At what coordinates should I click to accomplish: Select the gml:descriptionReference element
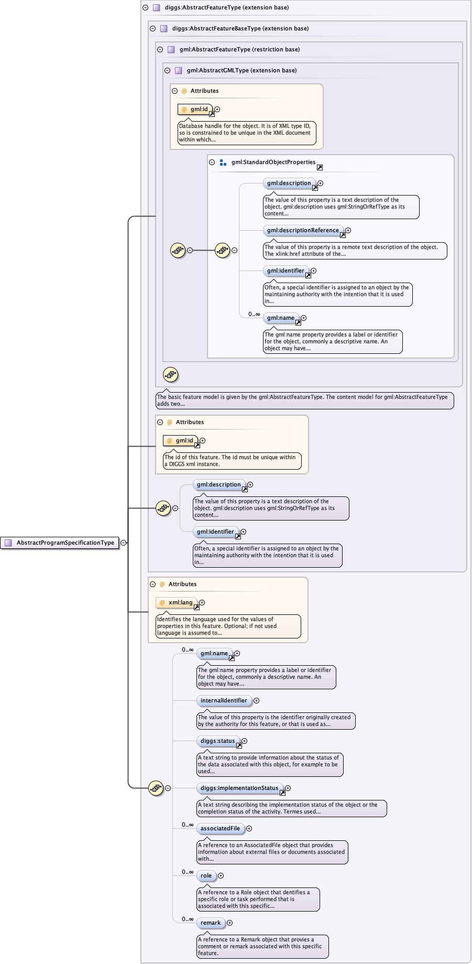coord(303,230)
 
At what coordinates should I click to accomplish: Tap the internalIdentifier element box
coord(224,700)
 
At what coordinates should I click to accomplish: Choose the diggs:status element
coord(218,741)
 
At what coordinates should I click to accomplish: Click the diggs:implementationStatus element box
coord(239,788)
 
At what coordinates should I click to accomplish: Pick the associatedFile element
coord(220,828)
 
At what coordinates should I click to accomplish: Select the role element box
coord(206,875)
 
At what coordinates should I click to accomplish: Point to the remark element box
coord(211,923)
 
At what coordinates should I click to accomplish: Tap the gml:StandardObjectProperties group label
coord(273,162)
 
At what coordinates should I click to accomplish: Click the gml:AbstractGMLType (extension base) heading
coord(242,70)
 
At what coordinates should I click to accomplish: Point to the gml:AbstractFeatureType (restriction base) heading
coord(239,49)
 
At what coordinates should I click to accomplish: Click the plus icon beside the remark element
coord(229,923)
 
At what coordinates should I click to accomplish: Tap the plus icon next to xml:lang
coord(202,602)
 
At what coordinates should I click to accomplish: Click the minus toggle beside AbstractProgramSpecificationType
coord(124,543)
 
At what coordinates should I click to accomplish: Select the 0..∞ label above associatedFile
coord(188,825)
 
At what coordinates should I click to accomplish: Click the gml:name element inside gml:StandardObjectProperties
coord(281,318)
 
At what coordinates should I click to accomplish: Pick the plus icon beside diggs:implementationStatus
coord(288,788)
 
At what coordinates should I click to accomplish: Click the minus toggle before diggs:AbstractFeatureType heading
coord(146,7)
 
